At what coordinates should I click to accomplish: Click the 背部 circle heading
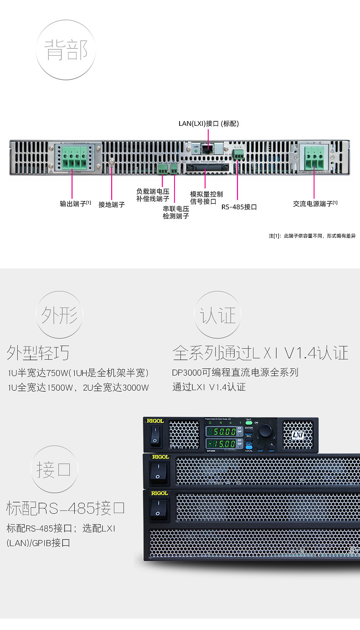point(66,50)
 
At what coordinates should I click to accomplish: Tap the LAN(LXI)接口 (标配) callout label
point(208,124)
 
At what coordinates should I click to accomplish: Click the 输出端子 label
point(75,203)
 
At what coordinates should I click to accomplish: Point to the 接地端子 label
point(112,205)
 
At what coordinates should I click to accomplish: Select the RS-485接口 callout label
point(239,207)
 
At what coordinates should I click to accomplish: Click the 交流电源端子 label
point(315,203)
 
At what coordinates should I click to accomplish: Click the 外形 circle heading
point(60,315)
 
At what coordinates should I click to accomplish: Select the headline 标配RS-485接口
point(66,508)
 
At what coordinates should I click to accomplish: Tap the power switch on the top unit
point(155,434)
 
